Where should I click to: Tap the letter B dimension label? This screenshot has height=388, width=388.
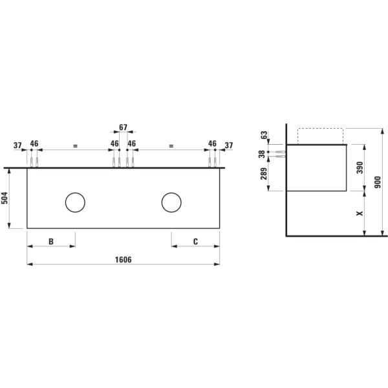point(51,241)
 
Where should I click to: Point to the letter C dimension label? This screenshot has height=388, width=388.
point(195,241)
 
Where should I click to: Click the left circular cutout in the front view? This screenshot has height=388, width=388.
point(75,203)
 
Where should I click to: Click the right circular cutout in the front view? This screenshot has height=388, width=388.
point(171,203)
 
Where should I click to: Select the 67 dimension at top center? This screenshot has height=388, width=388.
point(124,128)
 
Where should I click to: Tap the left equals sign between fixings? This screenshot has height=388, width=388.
point(75,146)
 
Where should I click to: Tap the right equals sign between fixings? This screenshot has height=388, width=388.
point(171,146)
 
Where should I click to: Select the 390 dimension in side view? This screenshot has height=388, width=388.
point(360,167)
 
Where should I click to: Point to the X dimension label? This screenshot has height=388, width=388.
point(360,213)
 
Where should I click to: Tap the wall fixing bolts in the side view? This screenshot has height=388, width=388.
point(281,154)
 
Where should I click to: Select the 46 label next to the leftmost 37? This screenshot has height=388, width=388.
point(34,144)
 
